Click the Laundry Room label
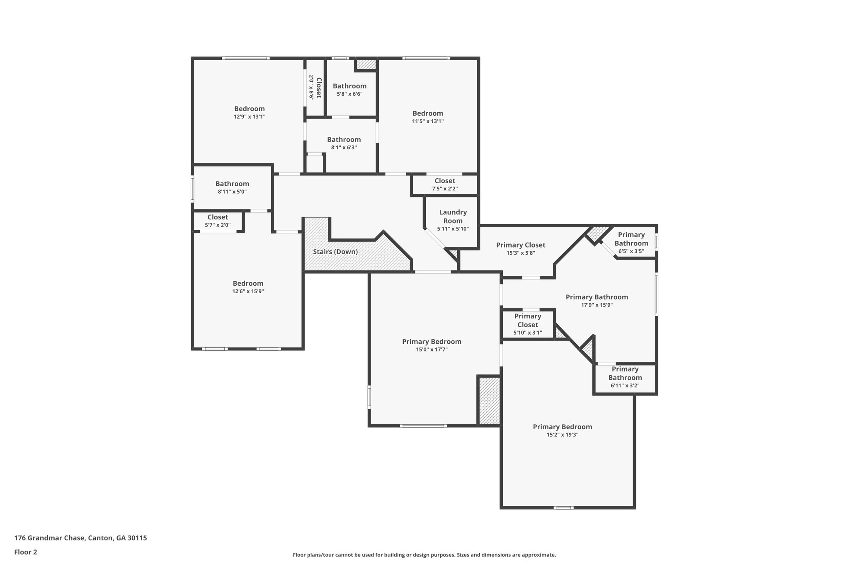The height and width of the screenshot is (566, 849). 453,216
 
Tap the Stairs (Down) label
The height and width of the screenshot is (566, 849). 335,252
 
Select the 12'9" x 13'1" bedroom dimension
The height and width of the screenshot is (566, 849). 249,117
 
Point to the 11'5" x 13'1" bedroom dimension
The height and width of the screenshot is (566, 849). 428,121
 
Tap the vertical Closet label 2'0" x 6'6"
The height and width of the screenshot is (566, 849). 315,87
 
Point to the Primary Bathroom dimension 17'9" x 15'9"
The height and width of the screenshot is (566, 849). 597,305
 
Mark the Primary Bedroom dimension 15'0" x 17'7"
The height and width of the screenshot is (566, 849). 432,350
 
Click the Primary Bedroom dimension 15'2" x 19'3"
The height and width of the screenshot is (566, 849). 562,435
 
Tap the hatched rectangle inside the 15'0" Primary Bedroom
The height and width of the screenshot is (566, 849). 489,401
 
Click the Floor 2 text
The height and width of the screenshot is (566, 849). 26,552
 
